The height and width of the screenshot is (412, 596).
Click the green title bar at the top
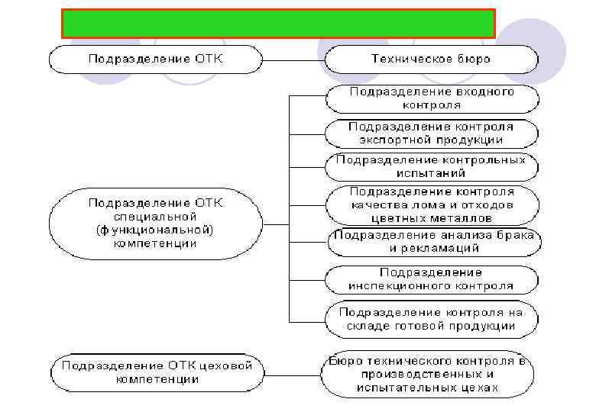pos(278,24)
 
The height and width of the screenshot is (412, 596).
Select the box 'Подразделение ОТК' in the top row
pos(155,59)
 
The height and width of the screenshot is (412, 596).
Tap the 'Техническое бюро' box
pos(431,59)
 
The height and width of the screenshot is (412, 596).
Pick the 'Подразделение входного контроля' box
pos(432,97)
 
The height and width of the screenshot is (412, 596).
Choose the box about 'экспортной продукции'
pos(432,133)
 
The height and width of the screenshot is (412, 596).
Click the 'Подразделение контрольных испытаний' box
pos(432,167)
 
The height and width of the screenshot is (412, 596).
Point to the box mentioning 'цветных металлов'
pos(432,204)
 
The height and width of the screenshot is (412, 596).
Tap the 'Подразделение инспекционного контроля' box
pos(432,279)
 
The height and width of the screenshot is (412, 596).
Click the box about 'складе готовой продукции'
pos(432,319)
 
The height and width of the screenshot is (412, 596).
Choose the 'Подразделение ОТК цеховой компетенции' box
pos(157,372)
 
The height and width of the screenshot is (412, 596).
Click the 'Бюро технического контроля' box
pos(427,375)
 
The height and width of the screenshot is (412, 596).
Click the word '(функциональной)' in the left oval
pos(155,230)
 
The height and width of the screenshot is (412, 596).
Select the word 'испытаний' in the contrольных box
pos(432,173)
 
